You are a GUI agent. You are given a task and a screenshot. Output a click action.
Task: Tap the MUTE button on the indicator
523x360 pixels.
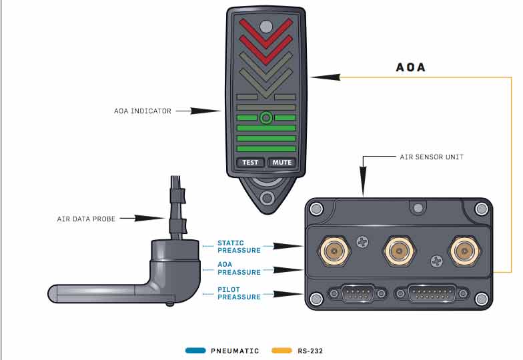pyautogui.click(x=282, y=162)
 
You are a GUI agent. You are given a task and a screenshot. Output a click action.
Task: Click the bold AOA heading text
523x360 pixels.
pyautogui.click(x=410, y=67)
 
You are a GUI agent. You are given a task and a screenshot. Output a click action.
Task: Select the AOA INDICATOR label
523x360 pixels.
pyautogui.click(x=143, y=111)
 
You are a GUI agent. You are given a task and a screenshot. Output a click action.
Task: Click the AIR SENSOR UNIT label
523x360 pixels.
pyautogui.click(x=432, y=157)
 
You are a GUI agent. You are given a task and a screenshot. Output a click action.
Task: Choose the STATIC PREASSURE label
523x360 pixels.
pyautogui.click(x=239, y=247)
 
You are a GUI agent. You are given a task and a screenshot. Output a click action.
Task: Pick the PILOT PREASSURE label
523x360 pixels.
pyautogui.click(x=239, y=293)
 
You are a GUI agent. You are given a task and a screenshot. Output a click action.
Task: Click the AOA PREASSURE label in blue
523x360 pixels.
pyautogui.click(x=239, y=268)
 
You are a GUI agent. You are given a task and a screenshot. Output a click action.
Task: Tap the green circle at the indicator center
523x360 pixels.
pyautogui.click(x=266, y=118)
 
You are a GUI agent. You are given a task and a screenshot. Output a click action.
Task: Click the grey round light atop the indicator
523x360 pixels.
pyautogui.click(x=266, y=27)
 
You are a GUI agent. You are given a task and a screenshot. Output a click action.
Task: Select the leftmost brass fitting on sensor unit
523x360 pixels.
pyautogui.click(x=332, y=251)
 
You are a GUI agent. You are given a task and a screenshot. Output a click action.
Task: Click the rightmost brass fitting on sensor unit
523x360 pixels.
pyautogui.click(x=462, y=251)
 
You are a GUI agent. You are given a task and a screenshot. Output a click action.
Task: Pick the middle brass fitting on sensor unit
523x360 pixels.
pyautogui.click(x=396, y=251)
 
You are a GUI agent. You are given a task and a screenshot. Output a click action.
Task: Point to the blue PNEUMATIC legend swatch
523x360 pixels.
pyautogui.click(x=195, y=350)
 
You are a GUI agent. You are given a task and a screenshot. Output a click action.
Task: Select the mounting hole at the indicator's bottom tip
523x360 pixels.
pyautogui.click(x=267, y=198)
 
